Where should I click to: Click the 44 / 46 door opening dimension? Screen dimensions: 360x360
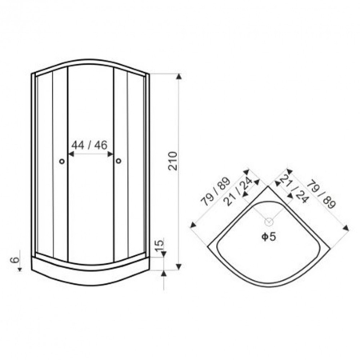coord(90,145)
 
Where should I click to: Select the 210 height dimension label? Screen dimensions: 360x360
coord(173,161)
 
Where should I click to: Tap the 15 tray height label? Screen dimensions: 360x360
coord(159,246)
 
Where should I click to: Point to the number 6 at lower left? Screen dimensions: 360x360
coord(15,259)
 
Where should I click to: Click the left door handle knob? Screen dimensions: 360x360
coord(62,161)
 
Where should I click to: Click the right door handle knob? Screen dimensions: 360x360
coord(118,161)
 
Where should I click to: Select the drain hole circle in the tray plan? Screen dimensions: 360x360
coord(269,222)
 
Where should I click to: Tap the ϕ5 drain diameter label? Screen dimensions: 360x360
coord(269,237)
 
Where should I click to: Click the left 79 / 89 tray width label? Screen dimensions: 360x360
coord(215,192)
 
